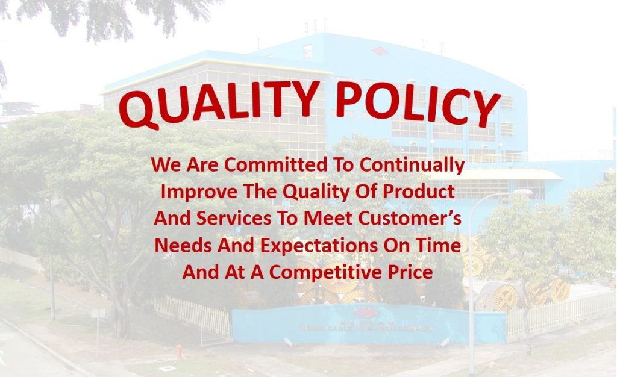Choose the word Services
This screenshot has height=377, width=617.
(x=234, y=218)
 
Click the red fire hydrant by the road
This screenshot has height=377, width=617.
(x=180, y=351)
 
